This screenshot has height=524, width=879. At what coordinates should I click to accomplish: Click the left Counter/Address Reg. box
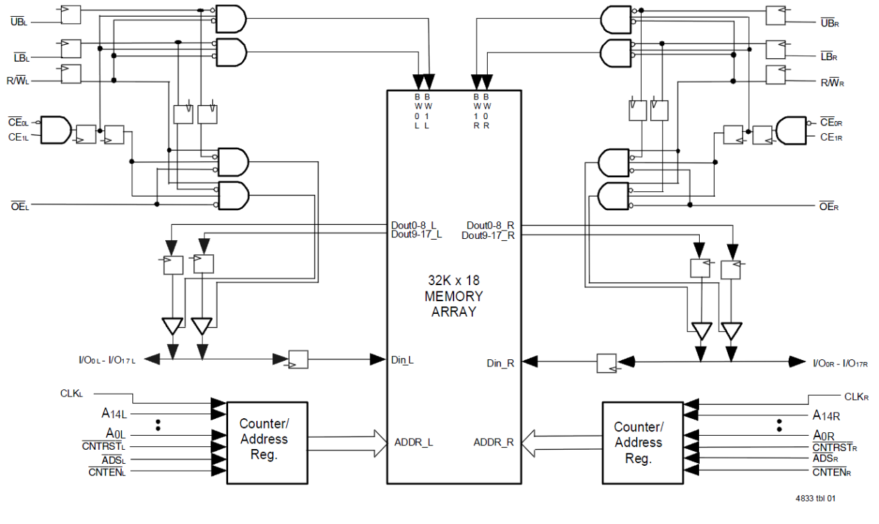coord(263,441)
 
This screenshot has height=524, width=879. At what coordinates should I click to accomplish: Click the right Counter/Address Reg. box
coord(638,443)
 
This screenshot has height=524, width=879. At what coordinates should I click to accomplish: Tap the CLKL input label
coord(71,394)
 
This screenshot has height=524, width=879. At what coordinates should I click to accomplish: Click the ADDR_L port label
coord(414,442)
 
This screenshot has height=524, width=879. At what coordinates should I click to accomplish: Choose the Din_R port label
coord(500,363)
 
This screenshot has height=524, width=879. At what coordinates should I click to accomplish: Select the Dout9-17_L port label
coord(416,235)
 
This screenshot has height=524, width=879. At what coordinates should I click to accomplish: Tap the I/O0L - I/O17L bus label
coord(107,359)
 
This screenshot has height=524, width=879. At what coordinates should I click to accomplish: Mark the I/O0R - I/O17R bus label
coord(840,363)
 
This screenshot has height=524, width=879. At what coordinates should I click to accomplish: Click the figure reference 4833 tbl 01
coord(815,499)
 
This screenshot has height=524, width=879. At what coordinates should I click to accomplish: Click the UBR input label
coord(829,22)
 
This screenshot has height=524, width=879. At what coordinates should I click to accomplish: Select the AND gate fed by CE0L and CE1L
coord(56,130)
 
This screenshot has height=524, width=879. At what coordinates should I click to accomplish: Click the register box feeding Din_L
coord(298,359)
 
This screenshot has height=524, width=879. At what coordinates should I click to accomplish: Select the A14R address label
coord(827,415)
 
